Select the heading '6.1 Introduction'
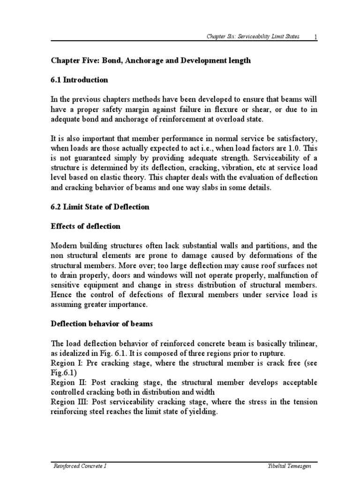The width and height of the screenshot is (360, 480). [79, 80]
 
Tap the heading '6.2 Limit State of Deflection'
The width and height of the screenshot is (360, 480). [100, 207]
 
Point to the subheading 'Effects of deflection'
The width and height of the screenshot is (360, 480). [85, 226]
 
